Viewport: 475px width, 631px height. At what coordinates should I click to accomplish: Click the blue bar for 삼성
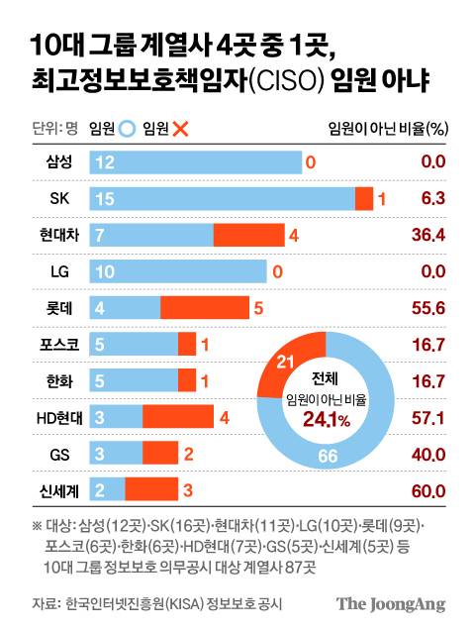[x=195, y=162]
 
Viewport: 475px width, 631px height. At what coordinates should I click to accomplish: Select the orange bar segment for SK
[x=364, y=199]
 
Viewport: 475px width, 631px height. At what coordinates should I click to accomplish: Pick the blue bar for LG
[x=178, y=270]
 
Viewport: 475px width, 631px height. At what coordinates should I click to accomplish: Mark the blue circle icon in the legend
[x=127, y=127]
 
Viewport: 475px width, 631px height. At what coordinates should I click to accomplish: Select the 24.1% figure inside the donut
[x=327, y=420]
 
